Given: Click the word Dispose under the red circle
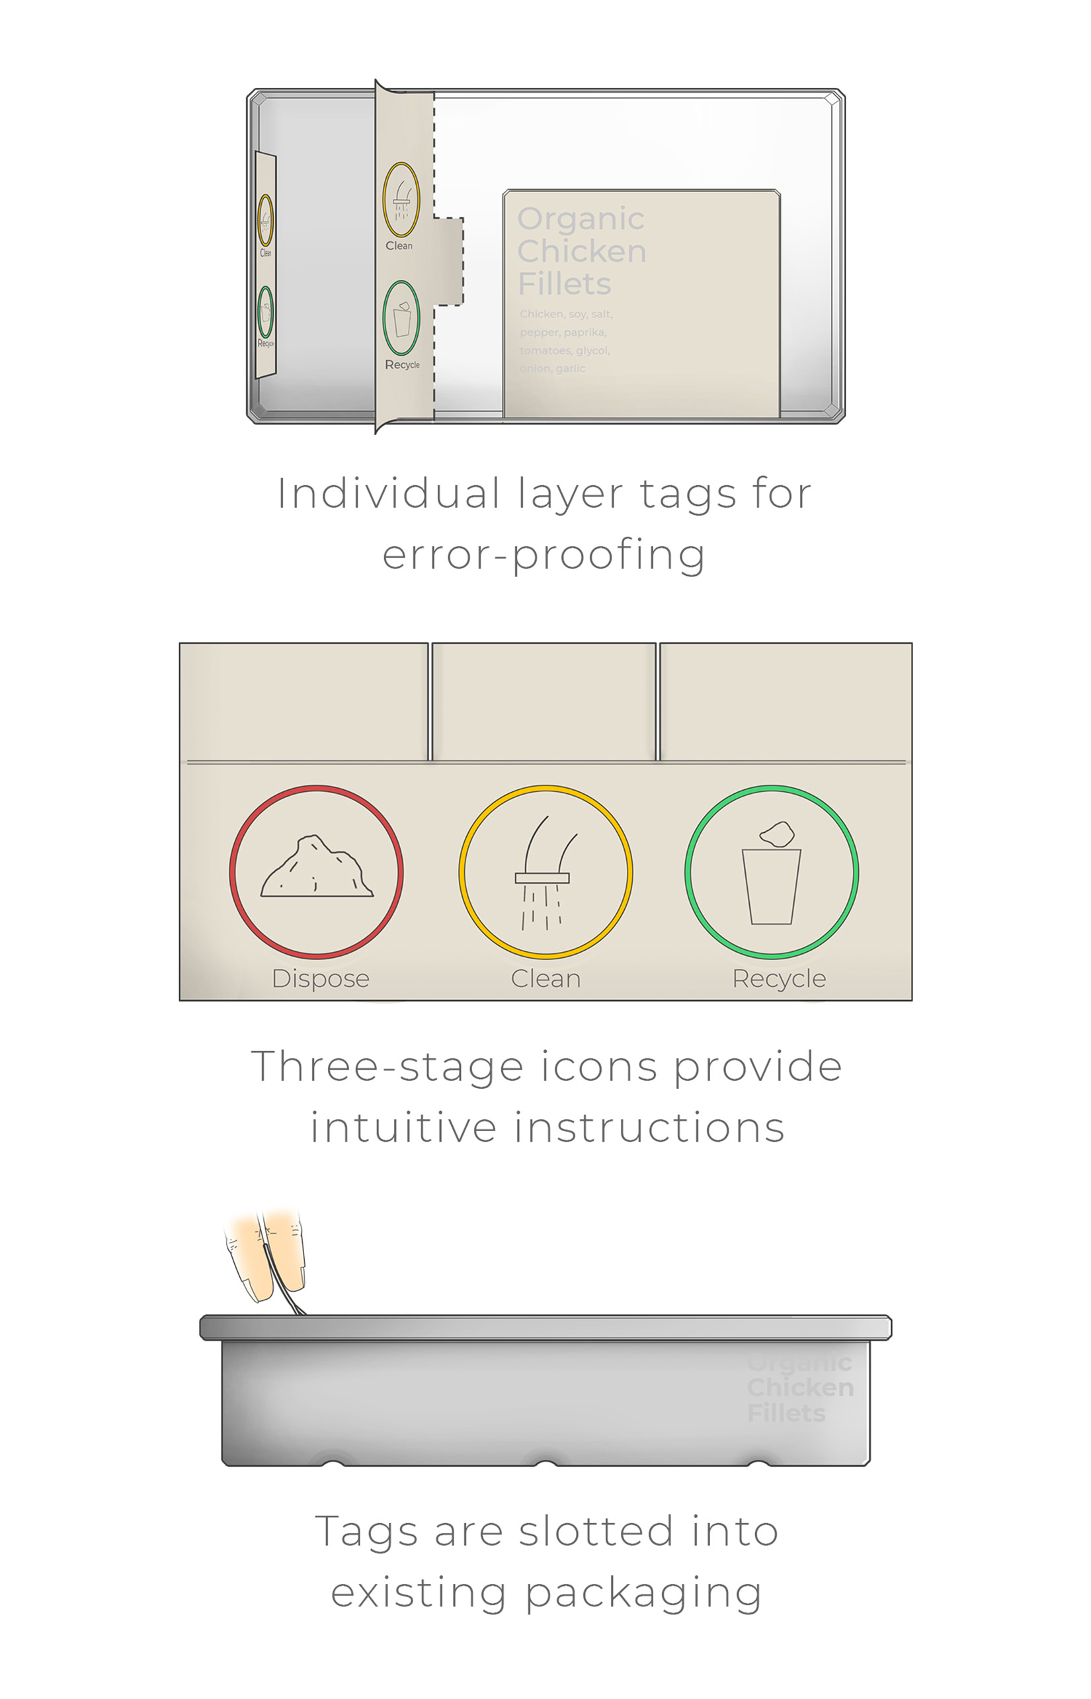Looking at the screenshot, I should (320, 979).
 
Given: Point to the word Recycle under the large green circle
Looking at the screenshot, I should (779, 979).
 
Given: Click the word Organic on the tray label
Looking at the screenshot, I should (581, 219).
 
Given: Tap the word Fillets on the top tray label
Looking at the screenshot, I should (564, 284).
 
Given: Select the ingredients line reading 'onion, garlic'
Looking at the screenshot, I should (552, 368).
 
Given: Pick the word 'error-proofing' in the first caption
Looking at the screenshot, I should (544, 555).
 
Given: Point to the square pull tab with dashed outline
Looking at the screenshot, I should (448, 261).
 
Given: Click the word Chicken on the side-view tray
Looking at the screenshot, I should (800, 1388).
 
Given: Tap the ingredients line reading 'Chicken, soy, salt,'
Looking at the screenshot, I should (565, 314).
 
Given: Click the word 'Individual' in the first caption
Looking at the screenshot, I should (388, 493).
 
